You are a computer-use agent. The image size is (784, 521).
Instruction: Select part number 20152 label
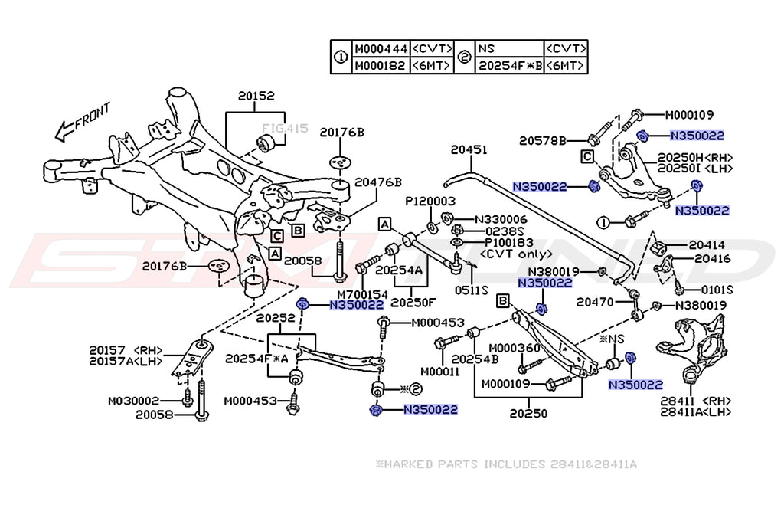click(x=256, y=97)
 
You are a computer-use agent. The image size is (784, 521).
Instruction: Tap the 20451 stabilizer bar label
click(x=469, y=151)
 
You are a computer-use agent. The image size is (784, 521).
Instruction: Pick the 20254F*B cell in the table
click(x=511, y=66)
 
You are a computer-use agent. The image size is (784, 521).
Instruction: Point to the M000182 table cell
click(x=381, y=66)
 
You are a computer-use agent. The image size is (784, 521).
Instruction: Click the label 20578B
click(x=541, y=140)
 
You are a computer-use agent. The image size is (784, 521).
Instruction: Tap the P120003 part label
click(x=430, y=201)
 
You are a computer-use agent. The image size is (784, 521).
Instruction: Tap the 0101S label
click(x=717, y=290)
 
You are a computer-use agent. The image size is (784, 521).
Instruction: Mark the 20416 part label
click(x=712, y=259)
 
